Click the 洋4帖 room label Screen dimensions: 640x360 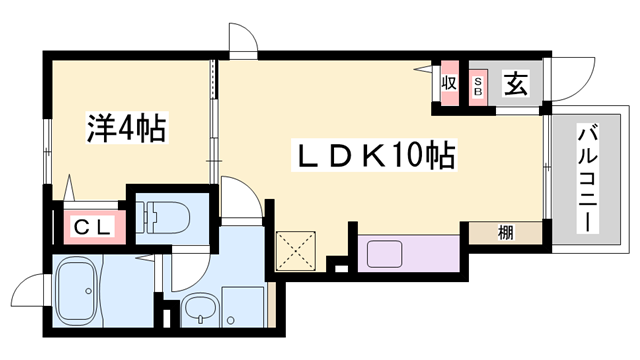(x=127, y=127)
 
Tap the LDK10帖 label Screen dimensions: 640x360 (x=374, y=155)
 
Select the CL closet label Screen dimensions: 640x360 (x=93, y=227)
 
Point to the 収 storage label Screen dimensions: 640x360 (x=449, y=83)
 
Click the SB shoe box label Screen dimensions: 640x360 (x=478, y=87)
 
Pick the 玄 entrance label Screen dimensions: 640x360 (x=516, y=84)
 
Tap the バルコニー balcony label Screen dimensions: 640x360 (x=587, y=180)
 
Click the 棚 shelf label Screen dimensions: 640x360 (x=505, y=233)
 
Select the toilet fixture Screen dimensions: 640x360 (x=163, y=217)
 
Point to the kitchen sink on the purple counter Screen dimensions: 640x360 (x=384, y=254)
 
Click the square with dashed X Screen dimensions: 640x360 (x=296, y=251)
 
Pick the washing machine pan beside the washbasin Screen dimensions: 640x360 (x=242, y=307)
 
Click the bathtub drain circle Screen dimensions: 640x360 (x=88, y=291)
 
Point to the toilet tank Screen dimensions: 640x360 (x=144, y=217)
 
